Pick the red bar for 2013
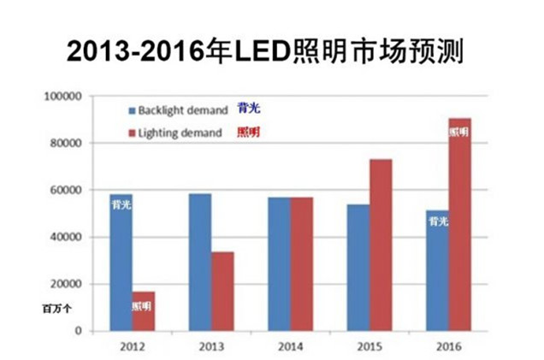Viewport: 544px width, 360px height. pos(222,291)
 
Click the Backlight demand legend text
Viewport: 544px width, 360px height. pos(182,110)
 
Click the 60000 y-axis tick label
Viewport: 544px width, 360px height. pos(64,190)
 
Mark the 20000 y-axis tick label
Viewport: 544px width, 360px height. pos(64,284)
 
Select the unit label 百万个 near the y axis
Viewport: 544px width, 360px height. pos(56,309)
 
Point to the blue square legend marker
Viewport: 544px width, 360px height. pos(132,111)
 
